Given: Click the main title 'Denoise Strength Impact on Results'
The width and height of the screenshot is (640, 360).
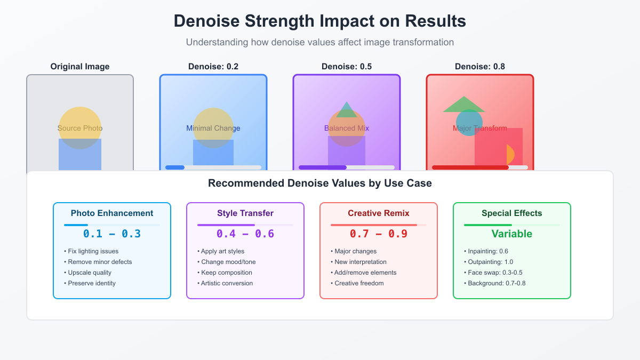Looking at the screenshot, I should tap(320, 21).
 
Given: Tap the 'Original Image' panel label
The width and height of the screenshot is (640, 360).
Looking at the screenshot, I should tap(80, 67).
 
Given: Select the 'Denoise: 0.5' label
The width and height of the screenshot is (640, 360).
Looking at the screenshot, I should tap(347, 67).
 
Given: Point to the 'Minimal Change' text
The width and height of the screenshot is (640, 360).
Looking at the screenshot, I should tap(213, 128).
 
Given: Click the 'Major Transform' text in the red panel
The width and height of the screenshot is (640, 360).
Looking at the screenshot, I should tap(480, 128).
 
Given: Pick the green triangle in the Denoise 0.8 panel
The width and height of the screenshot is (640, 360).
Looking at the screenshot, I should tap(463, 105).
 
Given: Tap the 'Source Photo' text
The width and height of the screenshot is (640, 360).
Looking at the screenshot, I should tap(80, 128).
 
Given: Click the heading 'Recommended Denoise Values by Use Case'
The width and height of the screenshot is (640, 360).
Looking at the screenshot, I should tap(320, 183).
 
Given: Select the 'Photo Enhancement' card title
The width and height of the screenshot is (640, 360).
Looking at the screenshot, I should tap(112, 213).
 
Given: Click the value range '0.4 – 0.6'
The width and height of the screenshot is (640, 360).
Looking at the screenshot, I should tap(245, 234).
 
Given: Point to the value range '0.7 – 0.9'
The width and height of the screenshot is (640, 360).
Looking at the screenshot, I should tap(379, 234).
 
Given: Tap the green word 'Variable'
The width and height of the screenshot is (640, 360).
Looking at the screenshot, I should tap(512, 234).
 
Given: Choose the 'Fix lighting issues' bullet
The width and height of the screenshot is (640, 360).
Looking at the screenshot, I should tap(93, 251).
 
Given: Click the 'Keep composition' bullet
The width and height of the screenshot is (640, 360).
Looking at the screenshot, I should tap(226, 273).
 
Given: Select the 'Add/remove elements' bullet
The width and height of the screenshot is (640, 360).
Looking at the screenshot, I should tap(365, 273).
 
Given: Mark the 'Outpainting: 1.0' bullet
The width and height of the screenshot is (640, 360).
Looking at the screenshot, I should tap(491, 262).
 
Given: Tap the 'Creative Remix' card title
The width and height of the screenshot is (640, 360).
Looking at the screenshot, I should tap(379, 213).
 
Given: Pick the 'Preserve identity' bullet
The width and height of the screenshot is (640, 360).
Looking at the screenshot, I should tap(91, 283).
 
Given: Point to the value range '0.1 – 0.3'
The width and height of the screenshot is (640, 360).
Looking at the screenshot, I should tap(112, 234).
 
